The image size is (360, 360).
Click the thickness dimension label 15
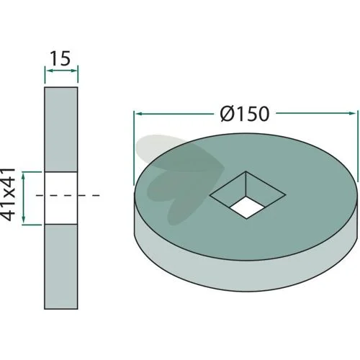tap(60, 58)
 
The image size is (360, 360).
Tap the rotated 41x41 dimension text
tap(8, 194)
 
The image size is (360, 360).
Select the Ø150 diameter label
tap(245, 114)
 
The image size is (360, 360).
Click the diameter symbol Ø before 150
tap(228, 114)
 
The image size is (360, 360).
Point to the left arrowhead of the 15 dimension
tap(48, 71)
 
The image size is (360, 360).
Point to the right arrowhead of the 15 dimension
tap(75, 71)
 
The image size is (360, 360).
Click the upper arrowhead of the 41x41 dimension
tap(23, 175)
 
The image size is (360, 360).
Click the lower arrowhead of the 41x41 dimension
tap(23, 220)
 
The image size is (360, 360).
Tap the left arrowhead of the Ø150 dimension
tap(138, 113)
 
